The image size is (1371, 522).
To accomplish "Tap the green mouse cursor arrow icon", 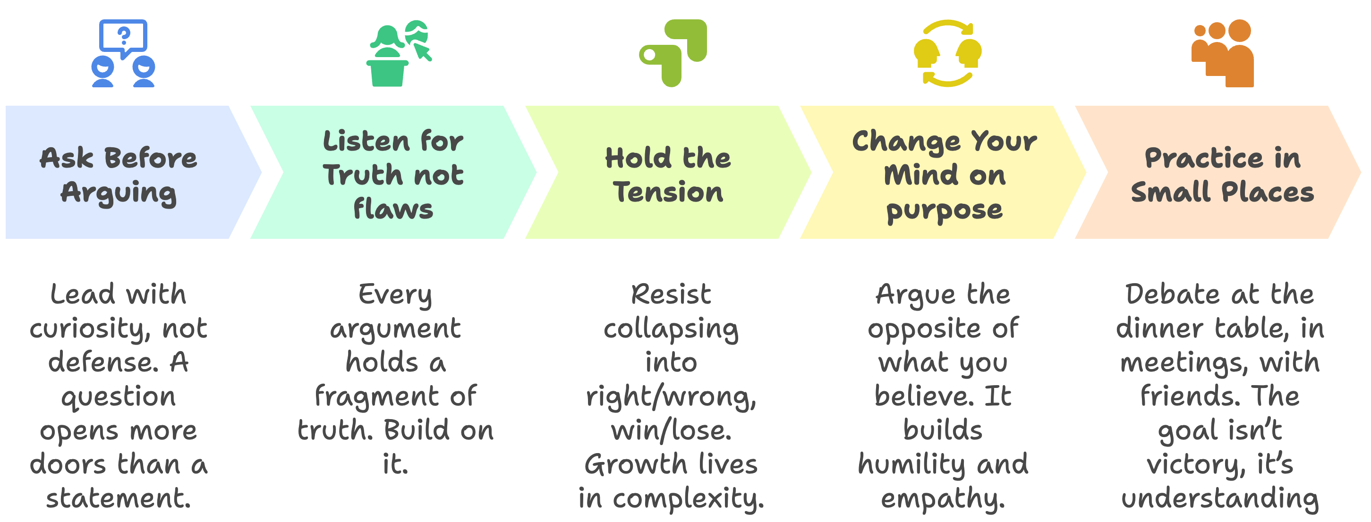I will pos(423,52).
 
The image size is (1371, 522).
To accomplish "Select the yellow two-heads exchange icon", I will pos(947,53).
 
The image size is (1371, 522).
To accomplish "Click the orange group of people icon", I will pos(1223,53).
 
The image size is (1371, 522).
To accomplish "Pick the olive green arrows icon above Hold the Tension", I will pos(673,53).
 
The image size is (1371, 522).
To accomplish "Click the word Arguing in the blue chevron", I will pos(118,193).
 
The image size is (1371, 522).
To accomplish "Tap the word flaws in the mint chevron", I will pos(393,209).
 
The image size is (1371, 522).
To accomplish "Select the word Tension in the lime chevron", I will pos(668,192).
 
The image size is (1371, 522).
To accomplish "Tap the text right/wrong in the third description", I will pos(671,397).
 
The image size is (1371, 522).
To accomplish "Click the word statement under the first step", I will pos(118,498).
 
